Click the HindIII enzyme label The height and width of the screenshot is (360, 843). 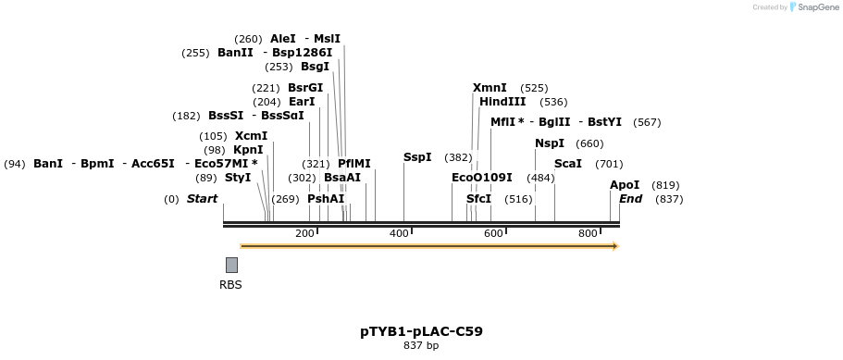(x=502, y=102)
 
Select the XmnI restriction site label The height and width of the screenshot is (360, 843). (x=490, y=88)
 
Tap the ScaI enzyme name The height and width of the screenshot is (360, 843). (x=568, y=164)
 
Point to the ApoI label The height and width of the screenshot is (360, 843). (x=625, y=185)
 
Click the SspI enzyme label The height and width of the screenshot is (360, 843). (x=417, y=157)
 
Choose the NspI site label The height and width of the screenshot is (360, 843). (x=550, y=143)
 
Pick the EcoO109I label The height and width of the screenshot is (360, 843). (x=482, y=178)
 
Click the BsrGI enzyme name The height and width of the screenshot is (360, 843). (x=305, y=88)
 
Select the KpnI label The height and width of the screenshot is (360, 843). (x=248, y=149)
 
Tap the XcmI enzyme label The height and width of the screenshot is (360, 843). (x=251, y=136)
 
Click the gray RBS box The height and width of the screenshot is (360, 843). (x=231, y=265)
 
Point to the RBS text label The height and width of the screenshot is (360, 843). (x=230, y=285)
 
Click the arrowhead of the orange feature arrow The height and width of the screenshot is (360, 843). (x=616, y=246)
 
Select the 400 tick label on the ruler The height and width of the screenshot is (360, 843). (x=399, y=233)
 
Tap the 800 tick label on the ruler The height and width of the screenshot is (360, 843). (x=588, y=233)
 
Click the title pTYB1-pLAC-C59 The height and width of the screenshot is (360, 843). (x=422, y=331)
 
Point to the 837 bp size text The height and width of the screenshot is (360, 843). (x=422, y=345)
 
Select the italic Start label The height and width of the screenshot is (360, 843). (x=202, y=199)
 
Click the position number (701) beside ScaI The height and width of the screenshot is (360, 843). (x=609, y=164)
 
